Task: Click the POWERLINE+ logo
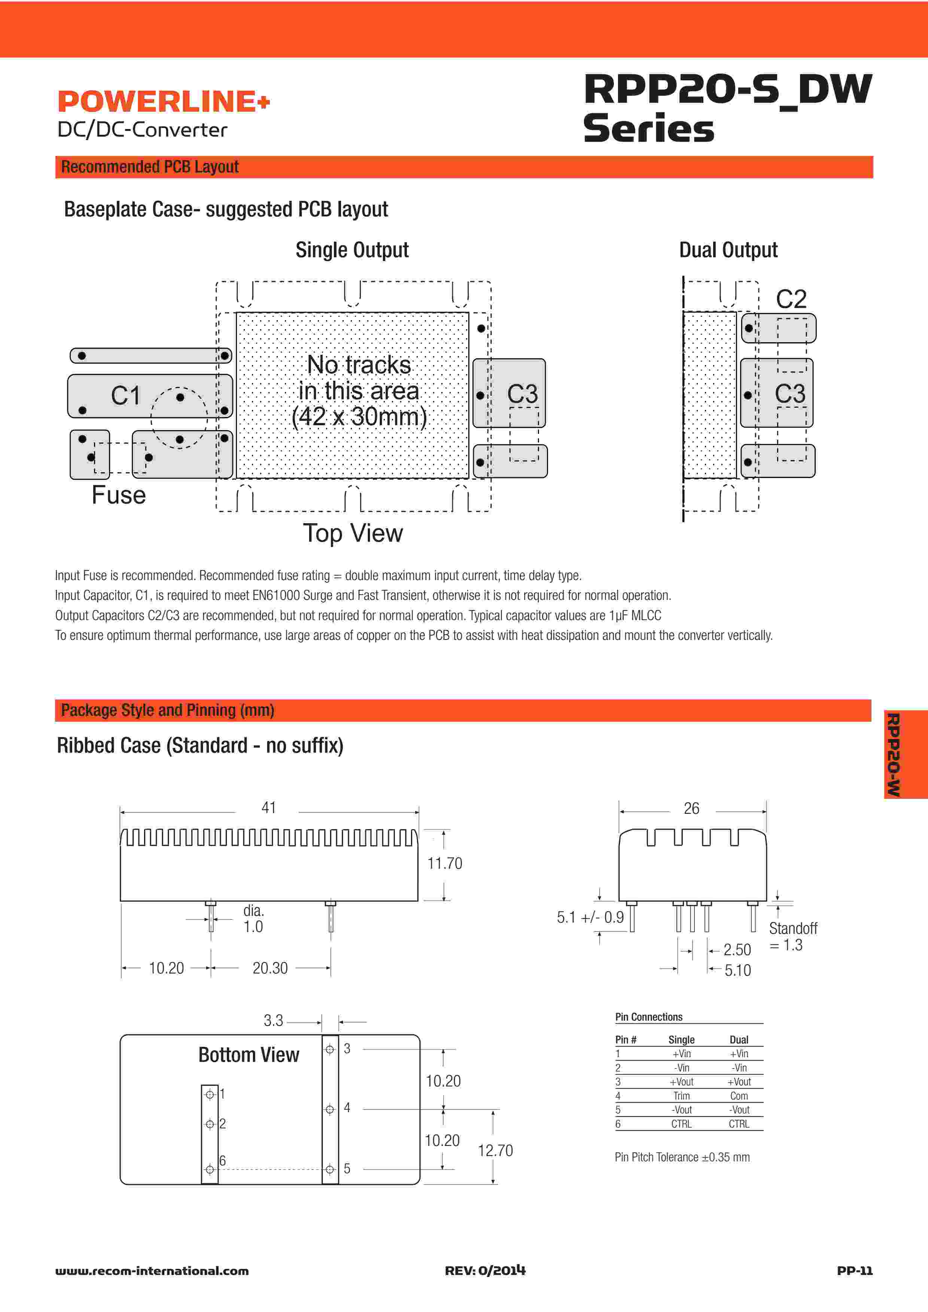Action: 164,102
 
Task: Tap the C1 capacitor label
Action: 126,395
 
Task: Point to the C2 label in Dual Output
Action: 791,299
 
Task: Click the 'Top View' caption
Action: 353,533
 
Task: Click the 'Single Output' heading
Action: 352,250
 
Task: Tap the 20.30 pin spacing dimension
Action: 270,968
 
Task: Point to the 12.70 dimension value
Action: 495,1150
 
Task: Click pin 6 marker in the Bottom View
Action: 210,1169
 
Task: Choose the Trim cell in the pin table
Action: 681,1096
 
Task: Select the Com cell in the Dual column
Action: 739,1096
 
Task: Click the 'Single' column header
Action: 681,1039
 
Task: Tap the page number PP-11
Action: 854,1270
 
